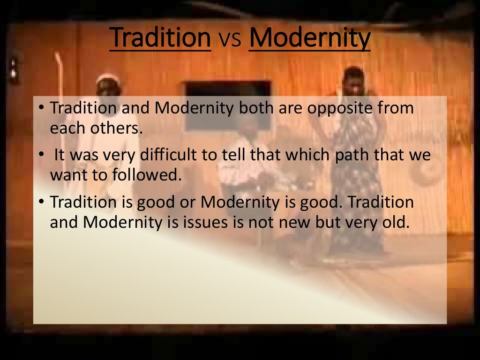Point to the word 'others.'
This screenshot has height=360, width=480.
(119, 128)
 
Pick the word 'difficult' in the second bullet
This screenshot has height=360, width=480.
(177, 155)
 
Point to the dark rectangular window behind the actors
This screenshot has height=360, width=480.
(228, 89)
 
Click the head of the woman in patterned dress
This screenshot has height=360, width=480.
(354, 80)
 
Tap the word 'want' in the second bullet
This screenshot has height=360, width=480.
(66, 176)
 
